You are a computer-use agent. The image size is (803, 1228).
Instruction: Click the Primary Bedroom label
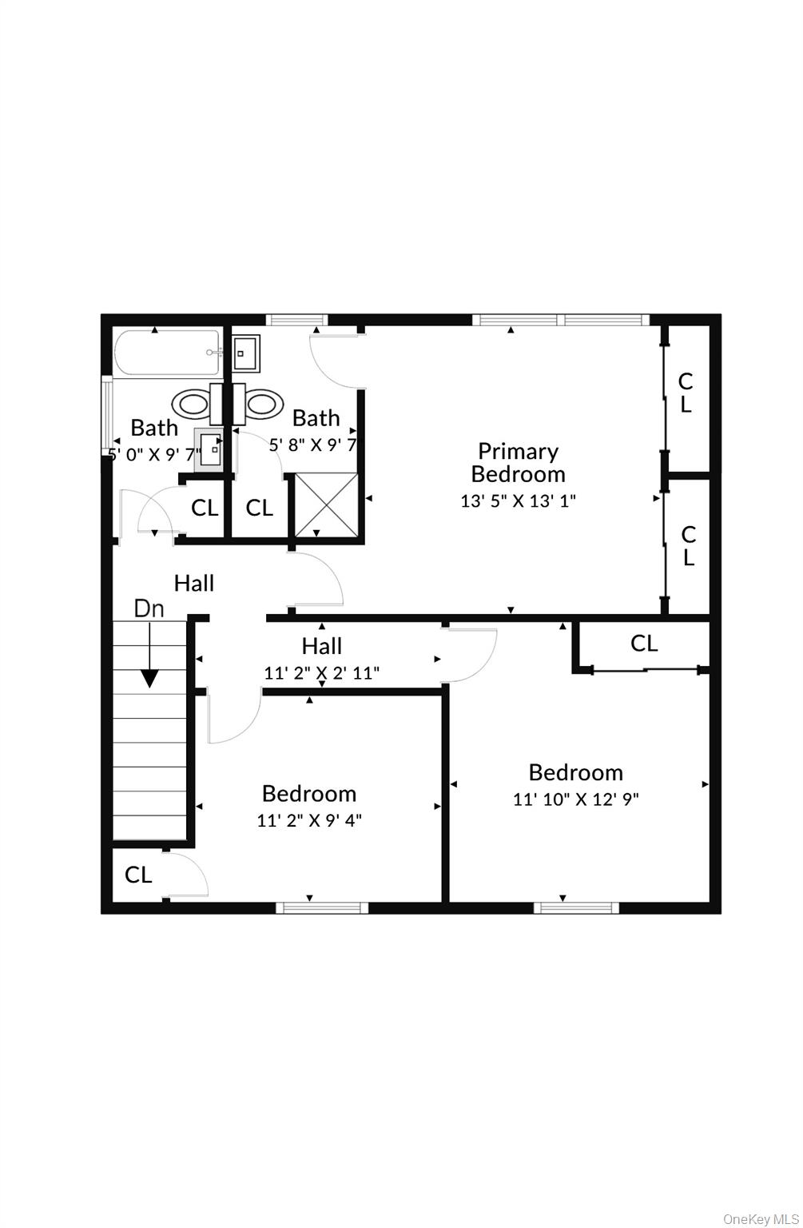point(518,463)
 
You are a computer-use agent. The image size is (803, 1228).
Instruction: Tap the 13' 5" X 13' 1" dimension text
point(518,501)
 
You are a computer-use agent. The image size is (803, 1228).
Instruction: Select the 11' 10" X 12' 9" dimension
point(575,799)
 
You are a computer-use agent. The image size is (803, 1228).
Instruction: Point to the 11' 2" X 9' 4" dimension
point(309,820)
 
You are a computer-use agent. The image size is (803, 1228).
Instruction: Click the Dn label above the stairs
point(149,609)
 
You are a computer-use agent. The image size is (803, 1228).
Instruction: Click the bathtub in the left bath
point(166,353)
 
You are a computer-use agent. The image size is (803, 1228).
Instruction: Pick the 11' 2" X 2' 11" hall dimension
point(321,673)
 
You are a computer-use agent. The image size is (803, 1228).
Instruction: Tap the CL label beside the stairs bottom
point(138,875)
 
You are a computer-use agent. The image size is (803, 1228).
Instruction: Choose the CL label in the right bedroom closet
point(644,643)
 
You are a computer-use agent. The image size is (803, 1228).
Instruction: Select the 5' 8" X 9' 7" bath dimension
point(312,445)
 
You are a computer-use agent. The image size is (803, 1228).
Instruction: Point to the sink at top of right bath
point(246,353)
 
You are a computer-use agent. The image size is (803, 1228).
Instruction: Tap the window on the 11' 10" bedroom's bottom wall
point(576,907)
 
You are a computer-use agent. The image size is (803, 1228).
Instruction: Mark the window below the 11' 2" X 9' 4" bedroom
point(322,907)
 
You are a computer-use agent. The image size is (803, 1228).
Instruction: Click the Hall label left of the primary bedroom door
point(194,584)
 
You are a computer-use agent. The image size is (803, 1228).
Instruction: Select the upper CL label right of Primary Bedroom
point(686,393)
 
